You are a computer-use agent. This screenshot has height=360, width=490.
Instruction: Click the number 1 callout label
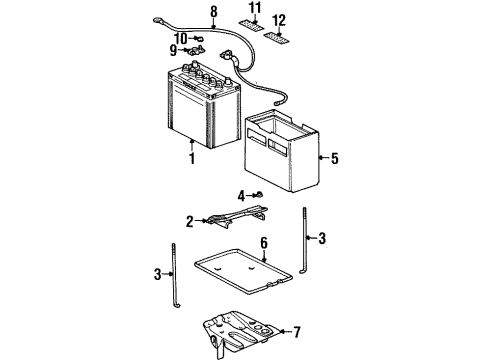191,158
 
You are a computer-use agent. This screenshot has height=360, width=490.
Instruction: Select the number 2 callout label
189,222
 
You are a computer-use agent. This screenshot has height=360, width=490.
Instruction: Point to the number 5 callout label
335,158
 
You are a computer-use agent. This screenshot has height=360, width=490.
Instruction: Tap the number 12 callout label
278,20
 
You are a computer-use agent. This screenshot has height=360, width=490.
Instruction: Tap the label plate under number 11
252,22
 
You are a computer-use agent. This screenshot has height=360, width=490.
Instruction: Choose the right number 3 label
323,238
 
